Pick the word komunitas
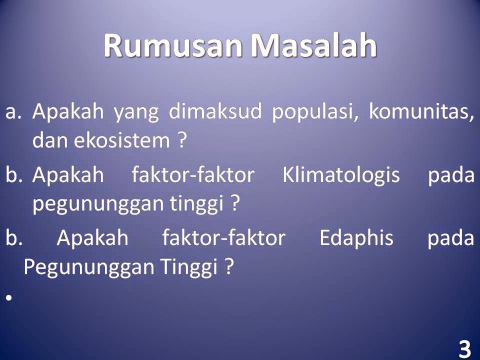point(421,111)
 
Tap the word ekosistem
point(122,140)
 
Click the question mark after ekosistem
point(182,140)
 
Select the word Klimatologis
point(341,175)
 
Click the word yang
point(136,113)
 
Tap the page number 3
point(465,348)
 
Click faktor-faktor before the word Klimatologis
point(193,175)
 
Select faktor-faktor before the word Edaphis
point(223,238)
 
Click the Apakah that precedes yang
point(68,111)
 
